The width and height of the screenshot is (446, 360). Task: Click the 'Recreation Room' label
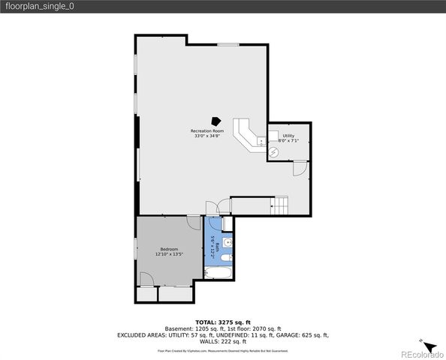[x=207, y=131]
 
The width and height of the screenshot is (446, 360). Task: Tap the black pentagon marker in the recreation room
[x=216, y=120]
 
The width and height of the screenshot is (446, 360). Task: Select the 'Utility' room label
[x=288, y=136]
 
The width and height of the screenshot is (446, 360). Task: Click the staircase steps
[x=281, y=205]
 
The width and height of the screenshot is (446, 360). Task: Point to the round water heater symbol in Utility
[x=274, y=151]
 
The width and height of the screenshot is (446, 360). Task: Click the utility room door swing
[x=299, y=170]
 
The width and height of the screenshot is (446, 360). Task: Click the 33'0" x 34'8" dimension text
[x=207, y=136]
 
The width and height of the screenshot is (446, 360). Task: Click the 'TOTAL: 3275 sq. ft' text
[x=222, y=321]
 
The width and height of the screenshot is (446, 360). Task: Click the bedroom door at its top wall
[x=194, y=222]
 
